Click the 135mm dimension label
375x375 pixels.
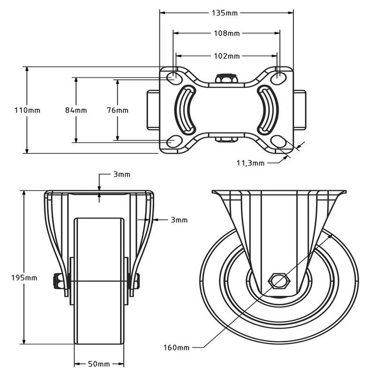(x=225, y=11)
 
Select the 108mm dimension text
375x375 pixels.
(x=226, y=33)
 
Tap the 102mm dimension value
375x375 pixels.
(x=226, y=56)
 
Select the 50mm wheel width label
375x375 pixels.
(x=99, y=364)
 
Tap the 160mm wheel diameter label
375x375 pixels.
(x=177, y=348)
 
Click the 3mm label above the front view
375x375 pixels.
(x=121, y=175)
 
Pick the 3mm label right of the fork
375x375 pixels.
(x=179, y=220)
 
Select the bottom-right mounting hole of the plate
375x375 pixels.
(x=278, y=141)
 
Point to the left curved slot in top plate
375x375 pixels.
(x=185, y=110)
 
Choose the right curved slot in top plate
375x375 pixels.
(x=267, y=110)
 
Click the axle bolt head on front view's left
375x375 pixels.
(x=57, y=280)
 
